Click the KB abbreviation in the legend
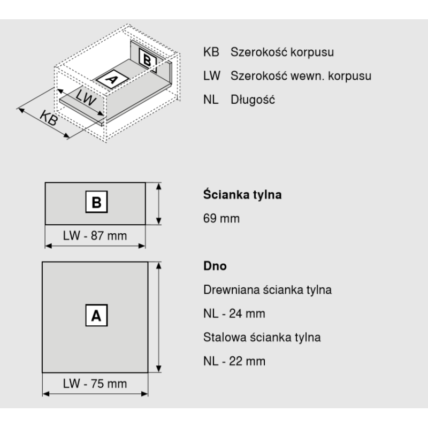click(211, 52)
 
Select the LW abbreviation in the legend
click(211, 75)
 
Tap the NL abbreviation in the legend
click(211, 100)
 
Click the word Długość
click(253, 100)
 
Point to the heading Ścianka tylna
click(242, 194)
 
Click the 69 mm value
click(221, 218)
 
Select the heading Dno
click(215, 266)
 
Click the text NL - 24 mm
click(234, 314)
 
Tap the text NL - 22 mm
click(234, 361)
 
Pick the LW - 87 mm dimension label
click(95, 235)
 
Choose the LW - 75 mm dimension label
click(95, 384)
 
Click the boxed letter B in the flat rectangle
click(97, 202)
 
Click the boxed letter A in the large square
click(97, 315)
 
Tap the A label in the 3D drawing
click(112, 80)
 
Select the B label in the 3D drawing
click(148, 60)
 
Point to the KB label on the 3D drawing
click(49, 118)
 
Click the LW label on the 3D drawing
click(86, 97)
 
